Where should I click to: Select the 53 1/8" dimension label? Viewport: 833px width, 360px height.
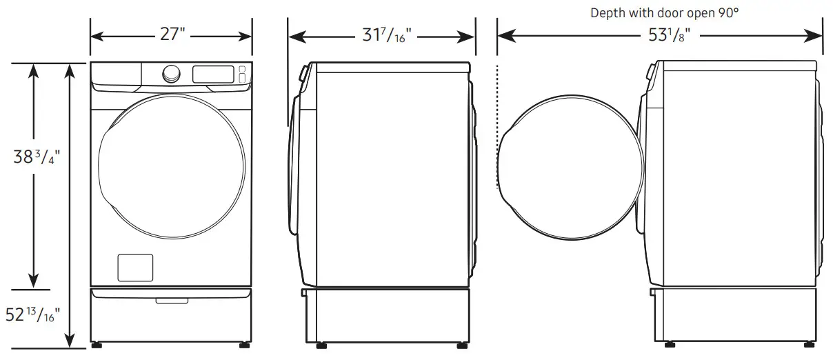(666, 36)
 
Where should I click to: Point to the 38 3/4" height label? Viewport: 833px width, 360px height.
(34, 157)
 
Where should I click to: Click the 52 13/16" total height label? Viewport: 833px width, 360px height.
(33, 316)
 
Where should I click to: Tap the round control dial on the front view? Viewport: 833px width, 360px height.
(172, 73)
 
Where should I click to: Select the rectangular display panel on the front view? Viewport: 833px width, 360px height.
(212, 74)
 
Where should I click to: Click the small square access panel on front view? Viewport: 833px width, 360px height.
(135, 268)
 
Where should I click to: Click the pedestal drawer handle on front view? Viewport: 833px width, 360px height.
(171, 300)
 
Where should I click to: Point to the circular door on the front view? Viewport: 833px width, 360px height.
(171, 165)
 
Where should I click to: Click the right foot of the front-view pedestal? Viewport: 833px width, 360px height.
(245, 343)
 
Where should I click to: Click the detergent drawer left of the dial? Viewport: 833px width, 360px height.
(117, 74)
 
